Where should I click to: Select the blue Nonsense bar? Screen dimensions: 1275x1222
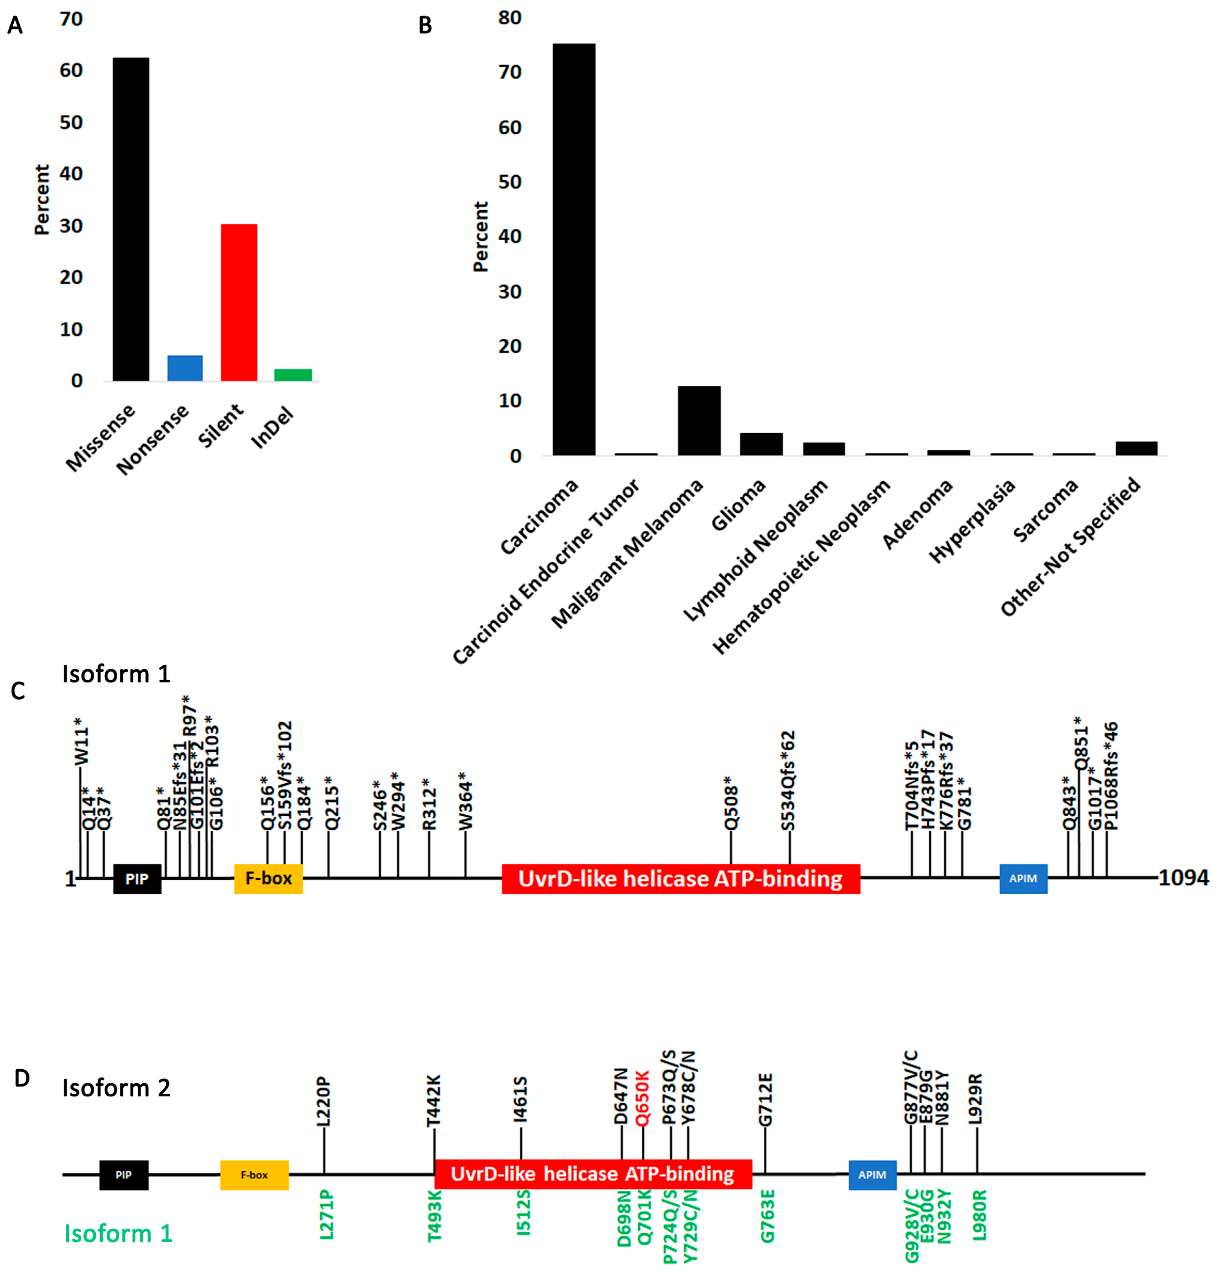pyautogui.click(x=185, y=368)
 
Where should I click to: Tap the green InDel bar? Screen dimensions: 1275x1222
pyautogui.click(x=293, y=375)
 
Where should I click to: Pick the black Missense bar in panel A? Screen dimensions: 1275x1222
pyautogui.click(x=131, y=219)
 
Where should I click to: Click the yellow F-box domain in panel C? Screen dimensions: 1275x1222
pyautogui.click(x=268, y=878)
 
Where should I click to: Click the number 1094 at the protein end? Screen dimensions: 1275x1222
pyautogui.click(x=1183, y=878)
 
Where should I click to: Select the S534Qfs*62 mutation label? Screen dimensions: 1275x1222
pyautogui.click(x=788, y=781)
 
